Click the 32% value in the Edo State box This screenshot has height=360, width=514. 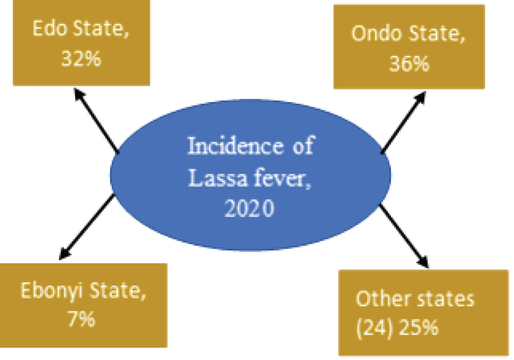pos(81,59)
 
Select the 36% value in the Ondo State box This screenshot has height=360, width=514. pos(409,63)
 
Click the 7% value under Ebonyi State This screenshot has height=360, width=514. pos(81,319)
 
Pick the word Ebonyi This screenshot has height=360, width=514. pos(51,291)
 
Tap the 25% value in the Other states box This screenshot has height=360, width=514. pos(419,327)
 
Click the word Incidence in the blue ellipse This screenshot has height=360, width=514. pos(236,146)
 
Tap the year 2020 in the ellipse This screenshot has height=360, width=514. pos(249,208)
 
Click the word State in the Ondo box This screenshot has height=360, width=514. pos(437,34)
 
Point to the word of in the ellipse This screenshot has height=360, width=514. pos(304,146)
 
